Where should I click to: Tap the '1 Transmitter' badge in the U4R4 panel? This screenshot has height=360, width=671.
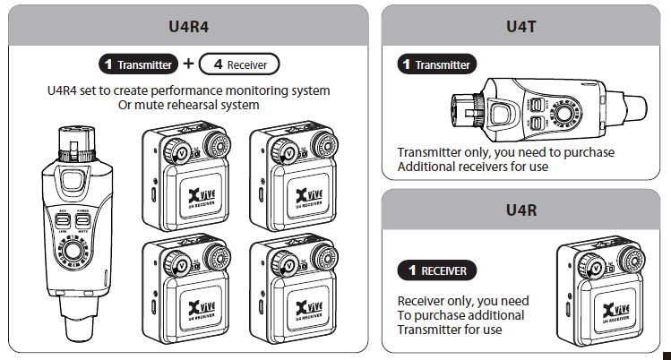[139, 64]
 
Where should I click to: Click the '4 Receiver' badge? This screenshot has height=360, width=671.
[238, 64]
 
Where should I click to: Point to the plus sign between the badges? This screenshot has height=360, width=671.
[188, 64]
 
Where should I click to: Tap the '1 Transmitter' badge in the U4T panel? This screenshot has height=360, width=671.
[435, 64]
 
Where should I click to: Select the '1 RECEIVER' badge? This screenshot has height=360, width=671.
[436, 270]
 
